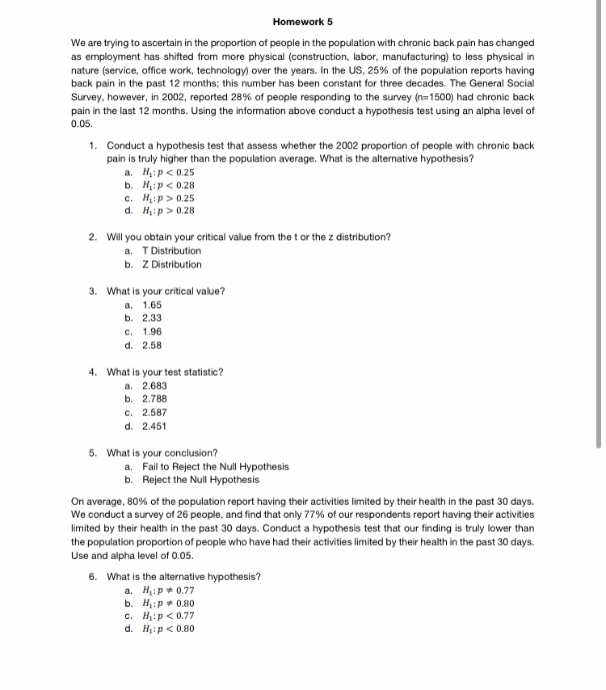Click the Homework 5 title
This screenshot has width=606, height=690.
[303, 21]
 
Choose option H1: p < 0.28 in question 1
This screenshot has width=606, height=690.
[167, 186]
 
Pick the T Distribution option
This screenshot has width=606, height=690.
[171, 250]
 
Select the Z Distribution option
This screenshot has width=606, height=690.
[171, 264]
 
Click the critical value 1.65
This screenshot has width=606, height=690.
[152, 305]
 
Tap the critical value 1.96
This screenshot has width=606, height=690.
[152, 332]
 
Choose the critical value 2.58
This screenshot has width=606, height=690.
[152, 346]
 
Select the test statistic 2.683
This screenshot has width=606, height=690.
[155, 385]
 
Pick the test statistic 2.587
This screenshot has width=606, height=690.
[155, 412]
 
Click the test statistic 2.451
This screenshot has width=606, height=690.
[155, 426]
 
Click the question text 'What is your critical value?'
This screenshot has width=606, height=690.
[166, 291]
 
